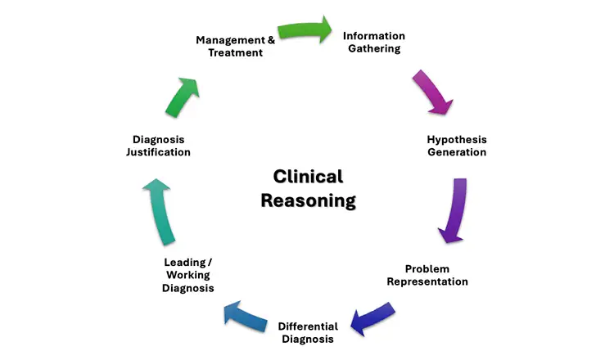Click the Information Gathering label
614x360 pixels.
tap(373, 42)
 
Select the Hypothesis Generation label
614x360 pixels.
tap(456, 146)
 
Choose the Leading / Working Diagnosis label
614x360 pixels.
tap(187, 275)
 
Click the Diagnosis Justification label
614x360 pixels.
tap(161, 146)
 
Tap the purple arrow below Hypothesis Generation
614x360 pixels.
tap(454, 210)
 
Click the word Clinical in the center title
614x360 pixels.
tap(308, 177)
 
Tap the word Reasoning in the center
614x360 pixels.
tap(308, 200)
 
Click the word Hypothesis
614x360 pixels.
tap(456, 139)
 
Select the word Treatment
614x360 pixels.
tap(234, 53)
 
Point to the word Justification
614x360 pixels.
tap(161, 152)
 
